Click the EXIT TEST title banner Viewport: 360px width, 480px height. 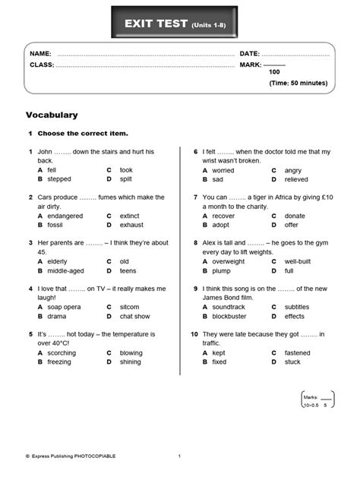click(x=179, y=26)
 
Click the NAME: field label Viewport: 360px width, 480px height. click(x=40, y=54)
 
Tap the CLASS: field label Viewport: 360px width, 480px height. click(x=42, y=65)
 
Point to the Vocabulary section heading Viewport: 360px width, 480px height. click(x=52, y=115)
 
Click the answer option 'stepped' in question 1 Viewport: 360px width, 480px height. click(x=58, y=179)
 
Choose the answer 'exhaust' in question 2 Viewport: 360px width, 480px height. click(x=131, y=225)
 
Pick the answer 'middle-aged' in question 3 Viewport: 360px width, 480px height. click(x=65, y=270)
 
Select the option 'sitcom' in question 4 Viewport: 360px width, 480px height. click(x=130, y=307)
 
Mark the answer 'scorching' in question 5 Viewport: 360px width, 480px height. click(x=62, y=352)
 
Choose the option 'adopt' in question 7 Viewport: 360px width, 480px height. click(x=221, y=225)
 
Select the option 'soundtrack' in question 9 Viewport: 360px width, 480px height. click(x=229, y=307)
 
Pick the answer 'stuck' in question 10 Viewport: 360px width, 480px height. click(x=292, y=362)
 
